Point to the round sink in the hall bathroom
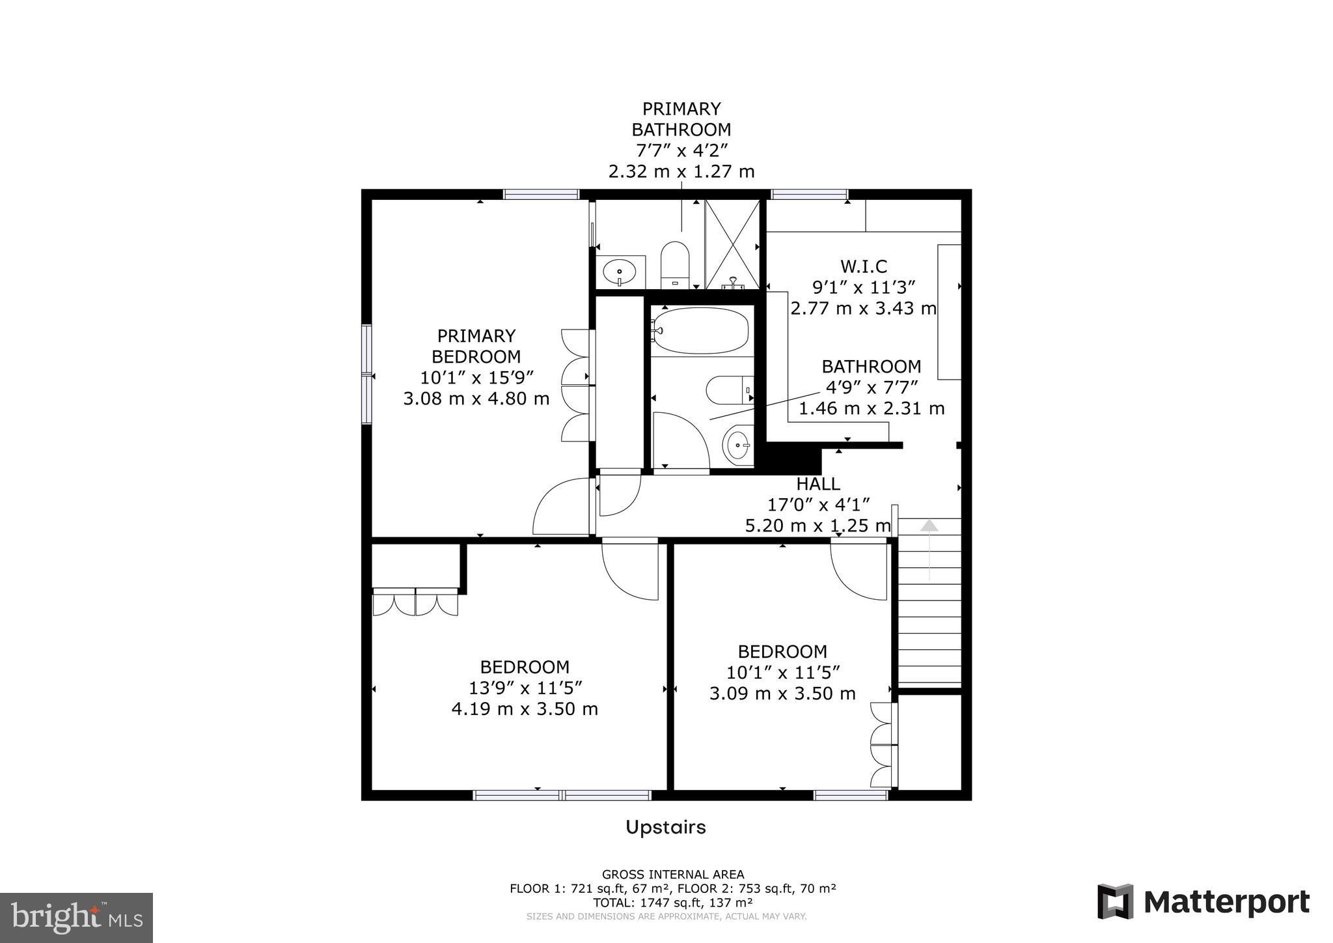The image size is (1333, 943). point(738,445)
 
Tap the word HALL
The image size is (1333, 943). point(818,484)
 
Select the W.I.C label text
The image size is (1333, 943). point(864,266)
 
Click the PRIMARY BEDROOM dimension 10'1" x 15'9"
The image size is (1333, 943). point(477,377)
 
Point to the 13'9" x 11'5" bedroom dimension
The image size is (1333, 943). point(525,688)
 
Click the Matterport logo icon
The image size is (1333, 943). point(1116,901)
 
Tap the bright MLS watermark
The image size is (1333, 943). point(77,918)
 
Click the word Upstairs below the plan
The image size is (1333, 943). point(666,828)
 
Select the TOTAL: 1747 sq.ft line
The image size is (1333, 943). point(673,903)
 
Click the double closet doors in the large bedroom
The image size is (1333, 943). point(415,602)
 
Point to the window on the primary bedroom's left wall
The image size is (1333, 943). point(366,375)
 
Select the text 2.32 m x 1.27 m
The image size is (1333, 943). point(681,172)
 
